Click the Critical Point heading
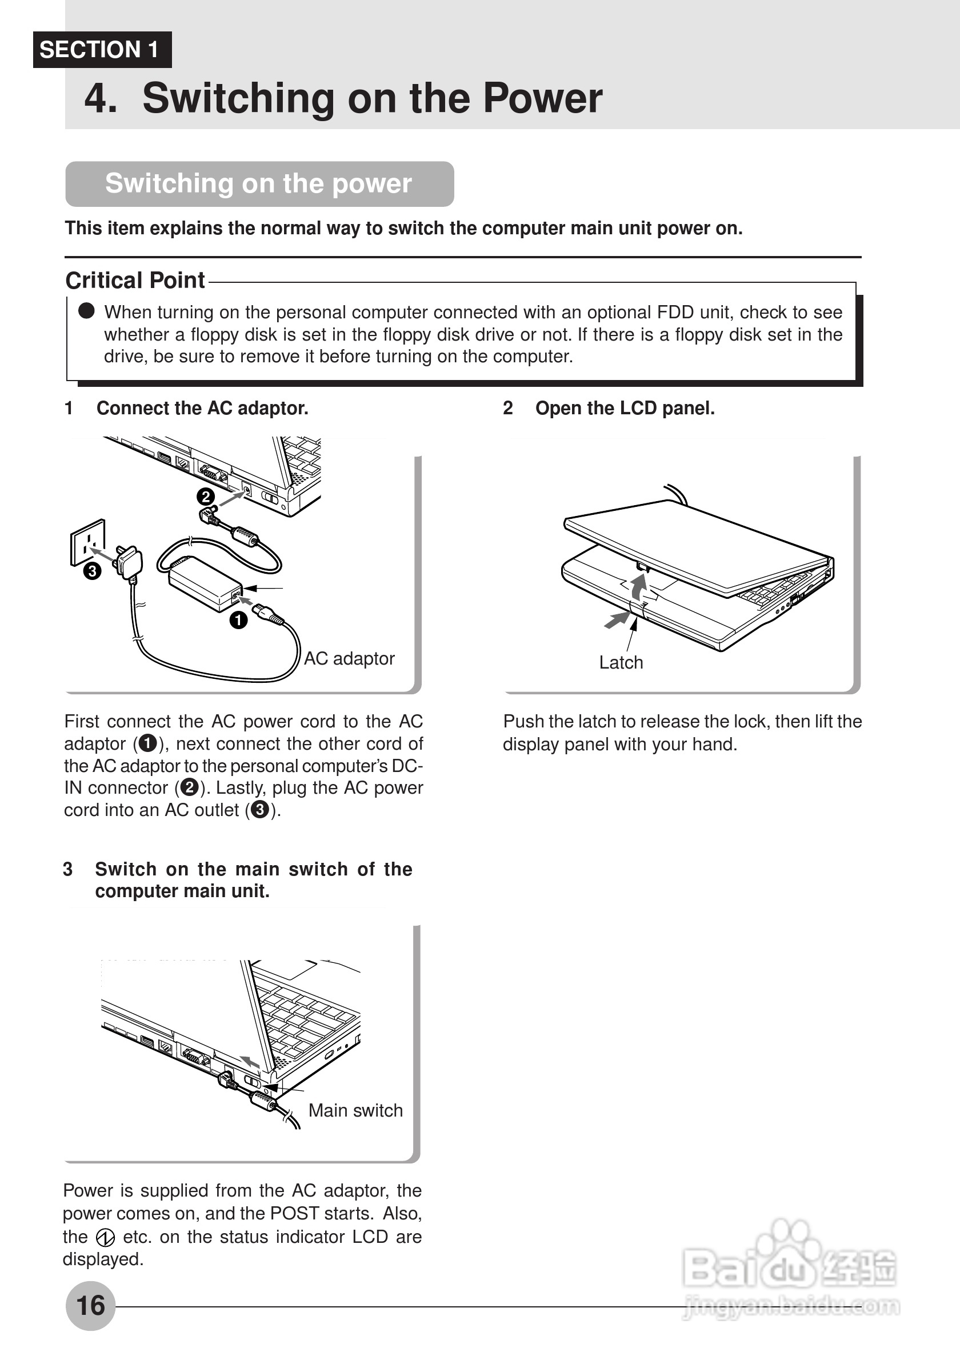135,280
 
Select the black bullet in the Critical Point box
86,310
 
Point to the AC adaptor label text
349,658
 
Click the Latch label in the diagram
621,662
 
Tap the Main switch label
355,1110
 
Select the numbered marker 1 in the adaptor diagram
239,620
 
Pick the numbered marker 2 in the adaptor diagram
206,497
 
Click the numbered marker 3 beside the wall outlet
93,571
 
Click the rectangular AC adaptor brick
205,583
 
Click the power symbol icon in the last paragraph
105,1237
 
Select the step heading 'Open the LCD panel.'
625,408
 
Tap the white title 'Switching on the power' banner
259,183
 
